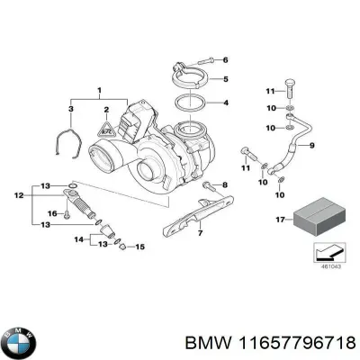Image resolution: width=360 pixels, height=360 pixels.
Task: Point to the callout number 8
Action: [225, 185]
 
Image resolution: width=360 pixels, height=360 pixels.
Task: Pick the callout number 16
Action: [51, 213]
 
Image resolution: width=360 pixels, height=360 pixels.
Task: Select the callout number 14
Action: [77, 239]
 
